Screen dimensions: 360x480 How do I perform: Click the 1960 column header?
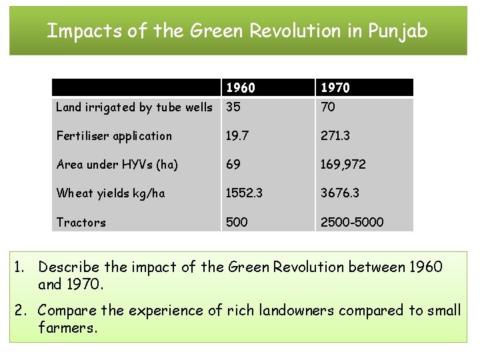[x=241, y=88]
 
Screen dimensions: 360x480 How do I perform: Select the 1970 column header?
[x=335, y=88]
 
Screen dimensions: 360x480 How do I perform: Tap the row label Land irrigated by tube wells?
[x=134, y=107]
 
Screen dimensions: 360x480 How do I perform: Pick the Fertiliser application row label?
[x=114, y=136]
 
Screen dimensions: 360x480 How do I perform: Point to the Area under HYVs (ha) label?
[x=117, y=165]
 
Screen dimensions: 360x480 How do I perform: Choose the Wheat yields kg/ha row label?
[x=111, y=193]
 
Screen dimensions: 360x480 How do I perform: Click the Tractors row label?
[x=81, y=223]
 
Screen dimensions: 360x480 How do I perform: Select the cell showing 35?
[x=233, y=107]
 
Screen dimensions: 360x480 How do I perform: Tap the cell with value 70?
[x=328, y=107]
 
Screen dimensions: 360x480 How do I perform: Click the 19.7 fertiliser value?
[x=237, y=136]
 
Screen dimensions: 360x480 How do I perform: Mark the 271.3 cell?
[x=335, y=136]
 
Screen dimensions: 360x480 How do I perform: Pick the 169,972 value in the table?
[x=343, y=165]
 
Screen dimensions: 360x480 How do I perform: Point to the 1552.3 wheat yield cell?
[x=244, y=193]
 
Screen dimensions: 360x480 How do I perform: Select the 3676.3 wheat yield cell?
[x=340, y=193]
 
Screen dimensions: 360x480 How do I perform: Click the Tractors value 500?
[x=237, y=223]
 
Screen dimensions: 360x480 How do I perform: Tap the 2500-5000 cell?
[x=352, y=223]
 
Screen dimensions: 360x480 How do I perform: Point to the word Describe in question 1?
[x=69, y=267]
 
